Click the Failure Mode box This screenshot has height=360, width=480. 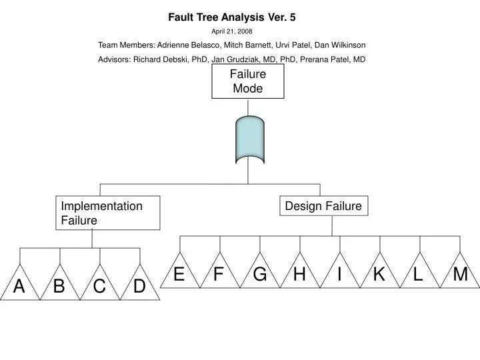click(248, 81)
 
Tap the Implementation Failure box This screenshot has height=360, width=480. click(108, 213)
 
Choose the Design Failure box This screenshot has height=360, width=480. click(323, 206)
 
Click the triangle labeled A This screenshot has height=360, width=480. click(20, 287)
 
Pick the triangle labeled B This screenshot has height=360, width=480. click(60, 287)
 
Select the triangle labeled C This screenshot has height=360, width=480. click(100, 287)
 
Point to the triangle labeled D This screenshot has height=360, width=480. click(139, 287)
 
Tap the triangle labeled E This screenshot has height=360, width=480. click(179, 275)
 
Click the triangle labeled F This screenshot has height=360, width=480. click(219, 275)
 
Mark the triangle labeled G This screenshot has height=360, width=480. click(260, 275)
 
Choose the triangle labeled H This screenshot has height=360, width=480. click(299, 275)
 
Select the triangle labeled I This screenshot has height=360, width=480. click(339, 275)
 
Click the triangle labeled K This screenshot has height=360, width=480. click(379, 275)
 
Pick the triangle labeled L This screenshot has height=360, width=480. click(419, 275)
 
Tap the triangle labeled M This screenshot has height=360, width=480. click(460, 275)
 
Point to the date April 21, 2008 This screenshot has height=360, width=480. click(231, 31)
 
